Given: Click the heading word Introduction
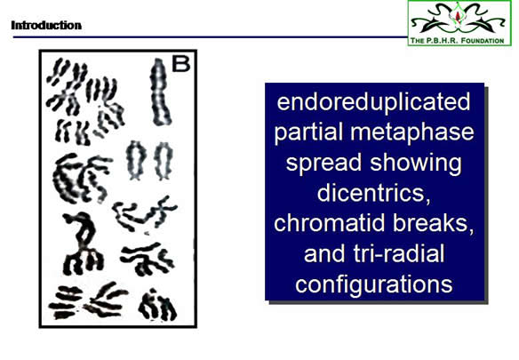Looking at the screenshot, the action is (46, 25).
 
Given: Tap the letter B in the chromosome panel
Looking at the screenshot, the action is (181, 64).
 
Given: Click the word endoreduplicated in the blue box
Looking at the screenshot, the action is (373, 102).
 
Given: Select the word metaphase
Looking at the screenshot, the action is (412, 132).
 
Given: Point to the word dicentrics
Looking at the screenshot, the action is (373, 193).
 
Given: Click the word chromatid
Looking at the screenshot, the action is (331, 223).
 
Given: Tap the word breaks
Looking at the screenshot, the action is (434, 223).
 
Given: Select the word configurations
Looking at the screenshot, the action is (373, 284).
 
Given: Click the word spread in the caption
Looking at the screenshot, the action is (323, 163).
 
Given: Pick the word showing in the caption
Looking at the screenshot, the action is (416, 163).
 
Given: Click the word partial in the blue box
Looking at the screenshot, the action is (309, 132).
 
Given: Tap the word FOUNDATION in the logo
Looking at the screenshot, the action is (483, 41).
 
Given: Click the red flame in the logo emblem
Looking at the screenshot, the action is (458, 15).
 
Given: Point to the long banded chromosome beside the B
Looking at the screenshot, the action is (160, 92).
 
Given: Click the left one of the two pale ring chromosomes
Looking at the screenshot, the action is (136, 160).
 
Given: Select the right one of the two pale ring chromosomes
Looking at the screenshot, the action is (164, 161).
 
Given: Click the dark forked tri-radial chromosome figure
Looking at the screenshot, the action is (82, 244).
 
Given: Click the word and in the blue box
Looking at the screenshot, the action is (324, 253).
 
